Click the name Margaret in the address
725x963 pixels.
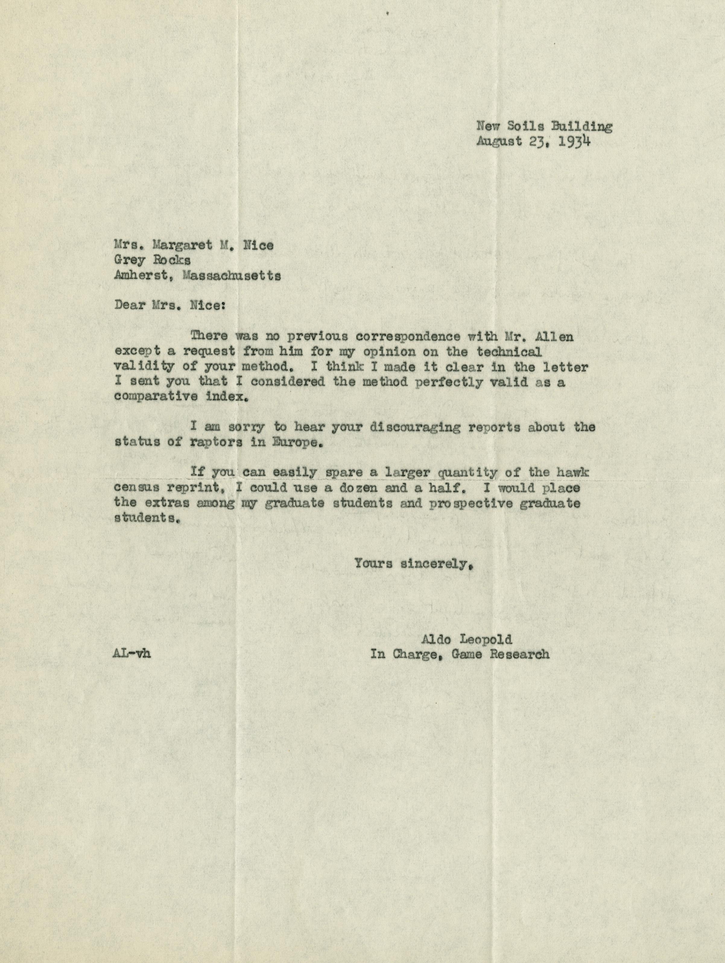[x=182, y=246]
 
